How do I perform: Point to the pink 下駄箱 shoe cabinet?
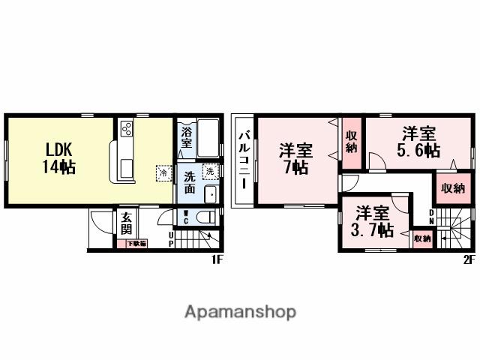coord(136,244)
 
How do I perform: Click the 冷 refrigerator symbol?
coord(163,172)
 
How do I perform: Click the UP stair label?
coord(171,240)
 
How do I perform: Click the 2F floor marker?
coord(468,259)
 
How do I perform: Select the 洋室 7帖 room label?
coord(296,157)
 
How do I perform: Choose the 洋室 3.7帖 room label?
coord(373,220)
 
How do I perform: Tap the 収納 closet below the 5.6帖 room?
coord(452,188)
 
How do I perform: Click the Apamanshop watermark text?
coord(240,311)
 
